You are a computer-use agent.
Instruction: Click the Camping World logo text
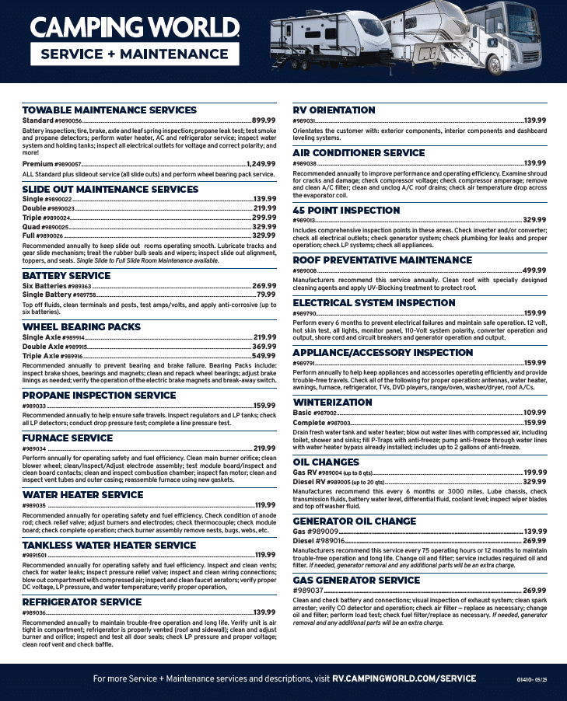(135, 28)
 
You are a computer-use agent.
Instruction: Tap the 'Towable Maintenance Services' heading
(109, 110)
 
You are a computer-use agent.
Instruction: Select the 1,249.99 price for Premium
(261, 164)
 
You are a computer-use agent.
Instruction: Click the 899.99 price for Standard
(264, 120)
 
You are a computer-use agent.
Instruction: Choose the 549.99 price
(264, 355)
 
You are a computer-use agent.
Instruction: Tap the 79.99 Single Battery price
(266, 295)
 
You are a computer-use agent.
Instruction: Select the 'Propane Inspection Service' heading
(99, 396)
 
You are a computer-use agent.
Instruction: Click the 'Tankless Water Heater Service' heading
(109, 546)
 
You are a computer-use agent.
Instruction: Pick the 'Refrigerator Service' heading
(82, 602)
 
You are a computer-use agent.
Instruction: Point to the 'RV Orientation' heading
(334, 110)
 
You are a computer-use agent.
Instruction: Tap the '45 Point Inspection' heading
(346, 211)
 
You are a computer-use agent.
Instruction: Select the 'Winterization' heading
(332, 403)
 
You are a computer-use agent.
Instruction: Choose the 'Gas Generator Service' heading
(356, 581)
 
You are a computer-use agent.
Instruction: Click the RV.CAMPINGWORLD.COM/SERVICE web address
(404, 678)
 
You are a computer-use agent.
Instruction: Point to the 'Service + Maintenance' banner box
(135, 54)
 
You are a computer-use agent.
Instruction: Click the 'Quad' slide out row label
(33, 226)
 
